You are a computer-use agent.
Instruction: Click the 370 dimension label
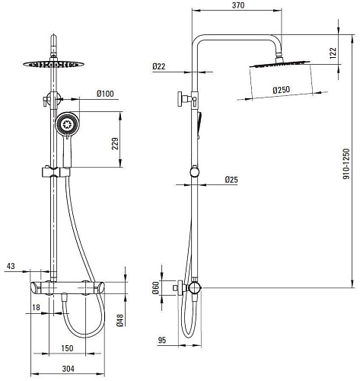pos(238,5)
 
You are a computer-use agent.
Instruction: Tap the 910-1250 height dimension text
pos(346,164)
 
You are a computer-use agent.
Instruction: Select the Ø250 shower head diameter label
pos(282,90)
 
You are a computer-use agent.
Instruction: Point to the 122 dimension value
pos(333,53)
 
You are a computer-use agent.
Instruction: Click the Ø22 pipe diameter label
pos(159,66)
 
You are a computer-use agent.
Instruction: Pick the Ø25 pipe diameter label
pos(231,180)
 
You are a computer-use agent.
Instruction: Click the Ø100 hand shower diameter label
pos(105,94)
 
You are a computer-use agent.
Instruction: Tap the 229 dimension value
pos(115,143)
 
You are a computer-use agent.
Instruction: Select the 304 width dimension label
pos(68,369)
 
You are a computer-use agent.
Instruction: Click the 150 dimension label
pos(67,348)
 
